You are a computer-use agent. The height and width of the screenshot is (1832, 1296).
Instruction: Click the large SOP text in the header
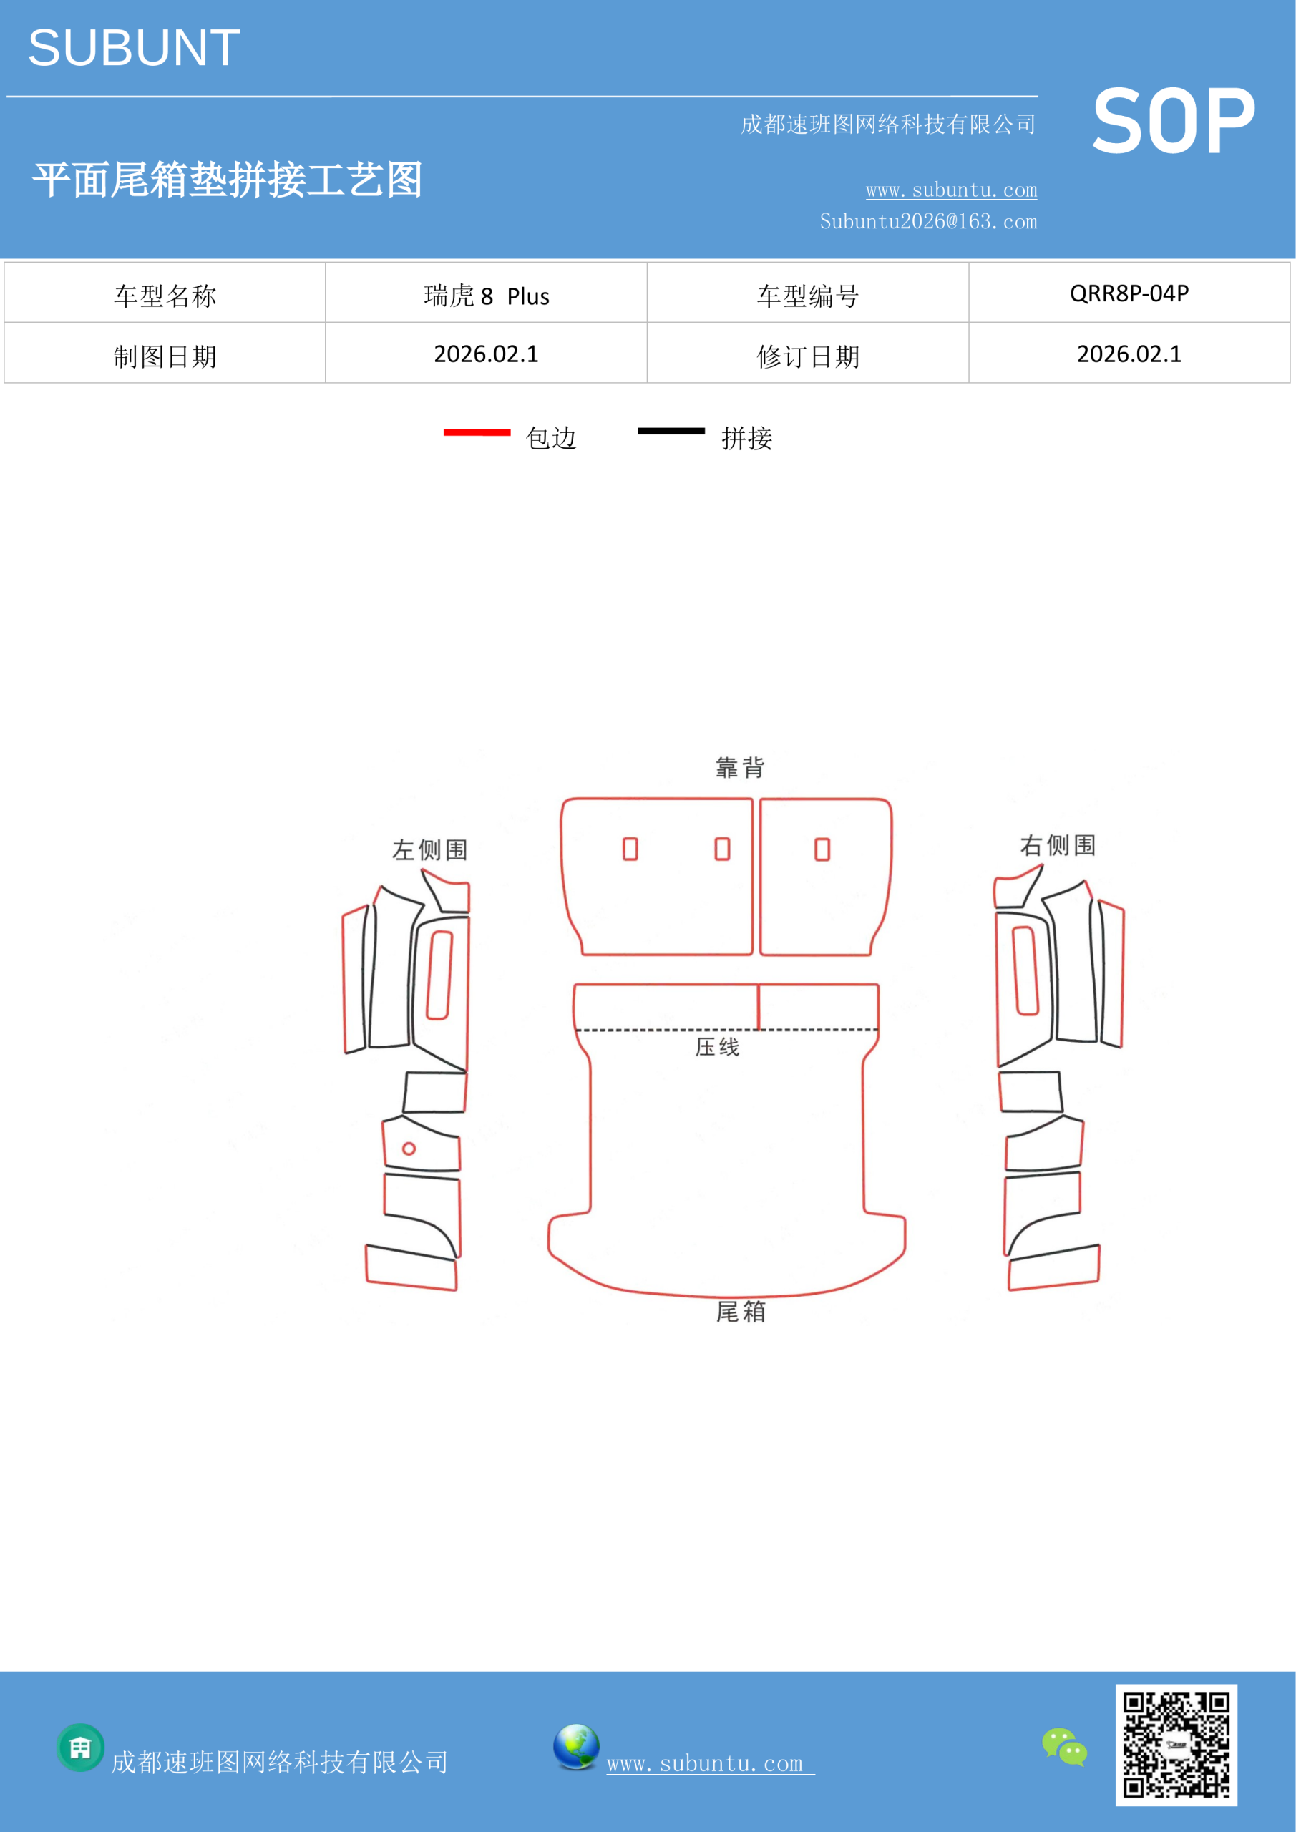[x=1173, y=121]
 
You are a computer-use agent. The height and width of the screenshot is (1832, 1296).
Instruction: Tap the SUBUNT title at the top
[x=134, y=48]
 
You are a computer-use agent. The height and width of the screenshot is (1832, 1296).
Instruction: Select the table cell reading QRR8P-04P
[x=1129, y=293]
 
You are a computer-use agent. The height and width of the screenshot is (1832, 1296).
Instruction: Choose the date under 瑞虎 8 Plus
[x=486, y=354]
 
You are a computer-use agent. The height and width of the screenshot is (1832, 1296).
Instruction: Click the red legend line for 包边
[x=477, y=432]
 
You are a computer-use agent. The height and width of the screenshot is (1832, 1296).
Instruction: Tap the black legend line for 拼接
[x=671, y=431]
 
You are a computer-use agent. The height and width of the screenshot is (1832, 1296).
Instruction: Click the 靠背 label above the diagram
[x=740, y=768]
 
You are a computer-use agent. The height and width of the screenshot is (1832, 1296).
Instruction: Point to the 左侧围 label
[x=429, y=849]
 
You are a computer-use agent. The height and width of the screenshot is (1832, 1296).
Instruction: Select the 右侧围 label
[x=1058, y=845]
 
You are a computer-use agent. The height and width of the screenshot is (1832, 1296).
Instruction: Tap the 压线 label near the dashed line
[x=718, y=1047]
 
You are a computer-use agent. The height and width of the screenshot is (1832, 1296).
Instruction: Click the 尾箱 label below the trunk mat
[x=741, y=1312]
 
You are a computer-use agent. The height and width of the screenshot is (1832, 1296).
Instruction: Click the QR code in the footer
[x=1176, y=1745]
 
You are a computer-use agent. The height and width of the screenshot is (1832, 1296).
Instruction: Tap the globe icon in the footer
[x=576, y=1747]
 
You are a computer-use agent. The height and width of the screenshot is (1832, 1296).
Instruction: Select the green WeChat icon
[x=1065, y=1747]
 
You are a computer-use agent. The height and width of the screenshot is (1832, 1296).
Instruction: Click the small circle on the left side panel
[x=409, y=1149]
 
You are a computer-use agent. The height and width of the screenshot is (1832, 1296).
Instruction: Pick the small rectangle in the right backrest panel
[x=822, y=849]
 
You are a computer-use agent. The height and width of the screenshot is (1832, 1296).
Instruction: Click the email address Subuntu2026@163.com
[x=928, y=221]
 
